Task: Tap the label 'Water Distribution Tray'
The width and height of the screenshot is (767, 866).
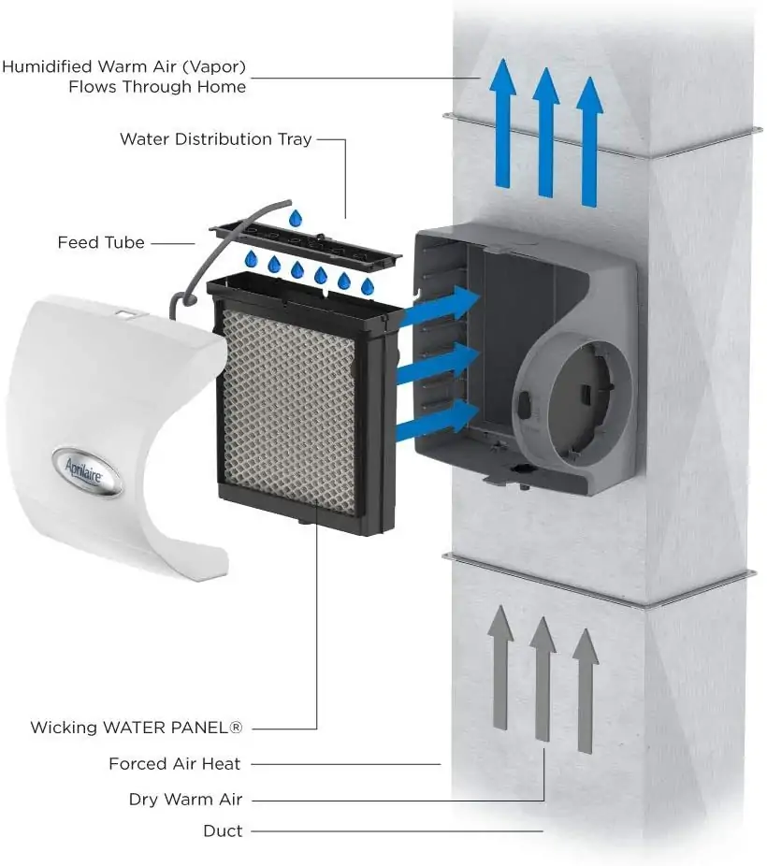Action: (x=215, y=139)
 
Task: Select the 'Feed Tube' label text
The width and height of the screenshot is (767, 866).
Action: (x=101, y=242)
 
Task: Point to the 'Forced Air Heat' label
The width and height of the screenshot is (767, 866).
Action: (x=174, y=764)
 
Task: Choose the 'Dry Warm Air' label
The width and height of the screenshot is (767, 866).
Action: (x=185, y=801)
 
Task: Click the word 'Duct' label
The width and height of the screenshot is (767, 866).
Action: (x=223, y=830)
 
